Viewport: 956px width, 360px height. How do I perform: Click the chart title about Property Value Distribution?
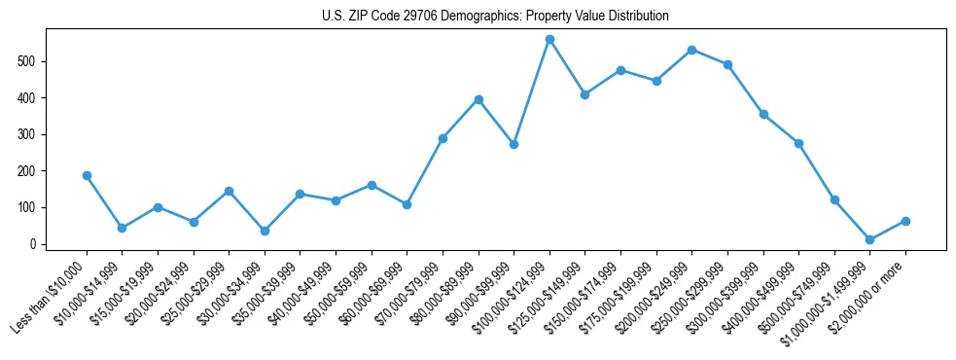pos(495,16)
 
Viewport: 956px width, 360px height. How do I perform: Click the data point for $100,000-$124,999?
pos(549,40)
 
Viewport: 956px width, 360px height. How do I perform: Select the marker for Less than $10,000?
pos(87,175)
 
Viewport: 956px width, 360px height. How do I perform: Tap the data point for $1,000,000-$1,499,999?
pos(869,239)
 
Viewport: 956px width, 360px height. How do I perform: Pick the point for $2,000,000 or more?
pos(905,221)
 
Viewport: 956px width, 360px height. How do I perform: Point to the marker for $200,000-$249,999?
pos(691,50)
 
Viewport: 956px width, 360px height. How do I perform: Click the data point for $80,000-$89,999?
pos(478,99)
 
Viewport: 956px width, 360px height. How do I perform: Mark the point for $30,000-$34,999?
pos(265,231)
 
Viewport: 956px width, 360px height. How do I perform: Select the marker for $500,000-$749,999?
pos(834,199)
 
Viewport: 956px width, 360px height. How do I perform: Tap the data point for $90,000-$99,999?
pos(513,144)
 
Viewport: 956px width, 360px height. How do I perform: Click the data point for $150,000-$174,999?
pos(620,70)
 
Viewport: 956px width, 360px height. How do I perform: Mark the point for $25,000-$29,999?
pos(229,191)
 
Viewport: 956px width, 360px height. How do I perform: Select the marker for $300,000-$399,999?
pos(763,114)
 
